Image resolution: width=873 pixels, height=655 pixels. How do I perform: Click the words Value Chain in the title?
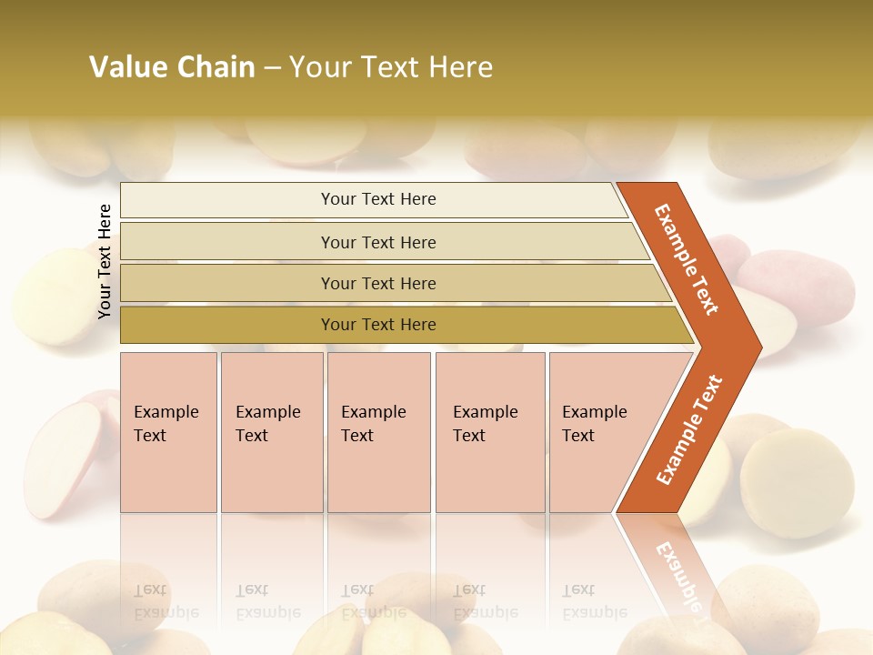coord(172,67)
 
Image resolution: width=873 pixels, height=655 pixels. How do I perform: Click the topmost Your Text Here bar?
coord(377,199)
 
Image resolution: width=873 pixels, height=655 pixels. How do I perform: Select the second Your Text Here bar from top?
coord(377,242)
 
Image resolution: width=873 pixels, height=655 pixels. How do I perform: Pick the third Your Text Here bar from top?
coord(377,283)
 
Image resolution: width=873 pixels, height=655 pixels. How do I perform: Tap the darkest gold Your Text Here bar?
coord(377,325)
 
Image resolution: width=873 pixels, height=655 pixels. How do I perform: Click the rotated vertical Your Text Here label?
coord(105,261)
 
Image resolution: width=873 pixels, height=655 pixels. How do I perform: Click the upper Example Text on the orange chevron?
coord(687,259)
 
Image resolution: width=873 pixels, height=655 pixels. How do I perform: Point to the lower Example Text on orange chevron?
coord(689,429)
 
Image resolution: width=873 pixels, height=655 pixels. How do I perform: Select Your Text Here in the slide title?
coord(391,67)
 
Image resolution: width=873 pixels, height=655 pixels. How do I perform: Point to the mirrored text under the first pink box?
coord(166,601)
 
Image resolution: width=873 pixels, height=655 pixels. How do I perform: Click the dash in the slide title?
coord(272,67)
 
